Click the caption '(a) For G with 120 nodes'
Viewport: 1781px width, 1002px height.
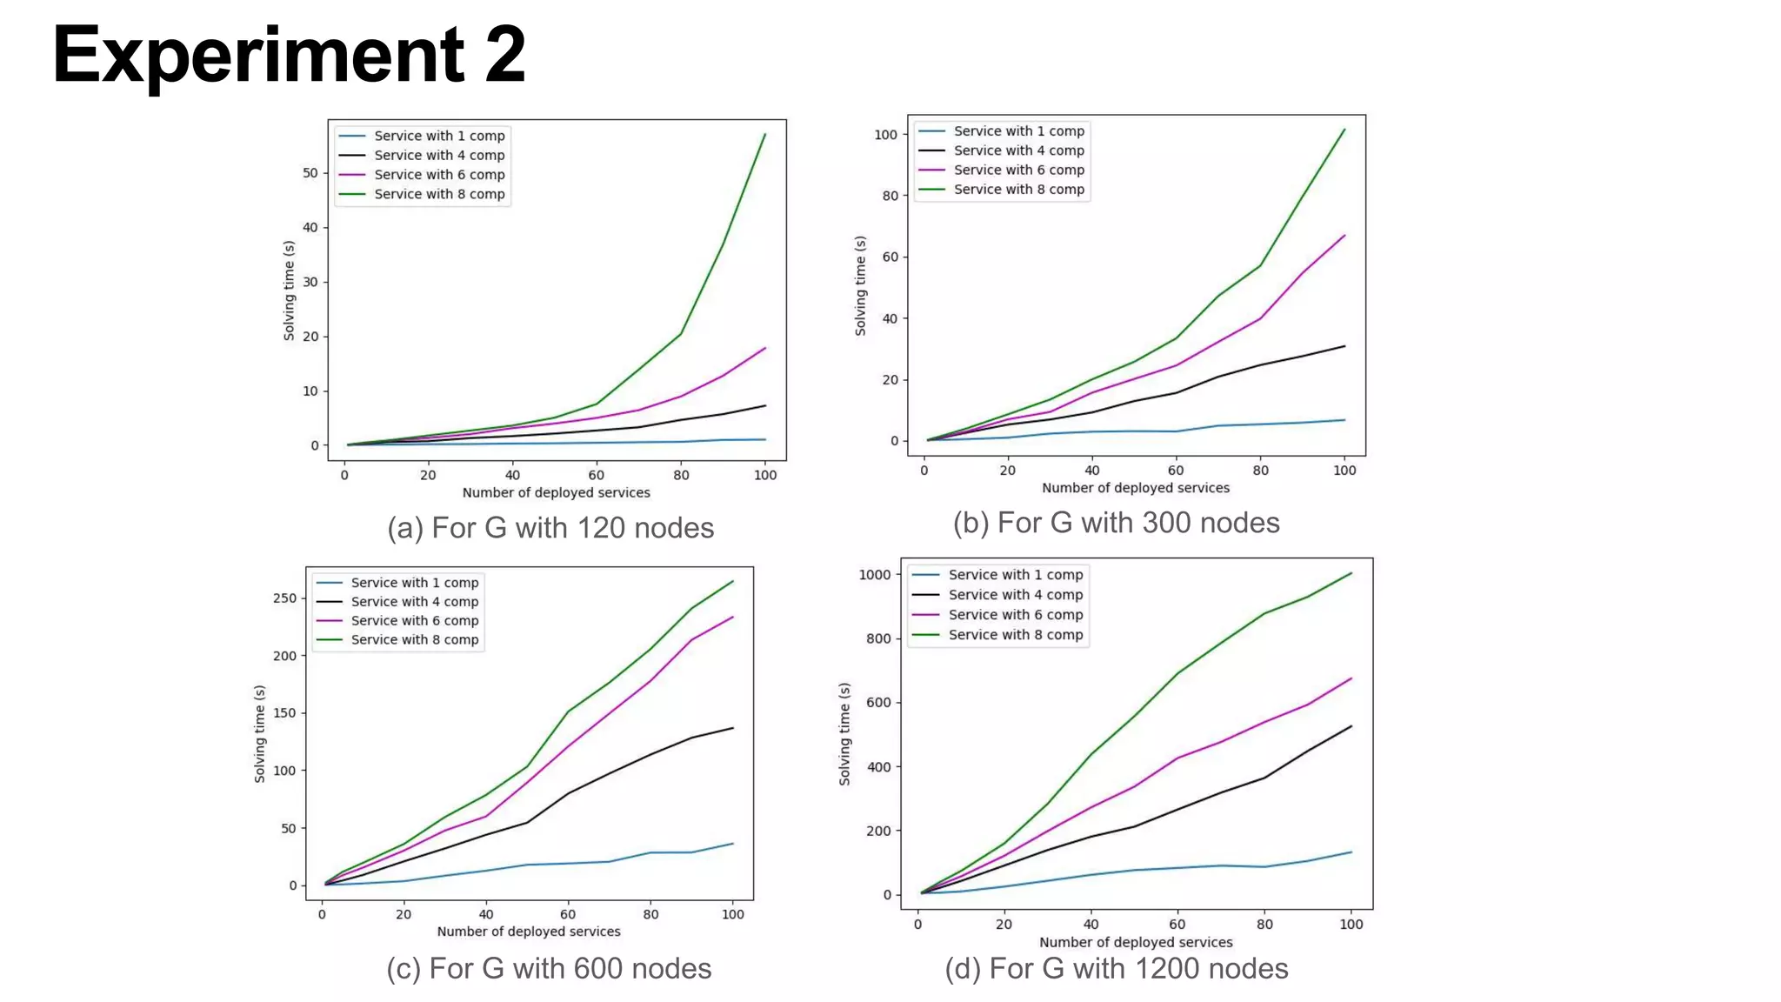tap(550, 528)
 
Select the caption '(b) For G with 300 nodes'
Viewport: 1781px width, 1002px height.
tap(1116, 523)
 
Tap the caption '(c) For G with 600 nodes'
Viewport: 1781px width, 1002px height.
tap(549, 968)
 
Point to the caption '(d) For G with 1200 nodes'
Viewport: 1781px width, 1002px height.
tap(1116, 968)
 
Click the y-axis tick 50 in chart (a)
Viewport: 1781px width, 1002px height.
tap(310, 173)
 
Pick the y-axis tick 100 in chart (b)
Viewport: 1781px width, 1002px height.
tap(885, 135)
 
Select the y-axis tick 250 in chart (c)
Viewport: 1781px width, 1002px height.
tap(284, 598)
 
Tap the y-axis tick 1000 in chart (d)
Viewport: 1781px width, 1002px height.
tap(874, 575)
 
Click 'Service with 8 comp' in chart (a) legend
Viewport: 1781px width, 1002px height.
tap(439, 194)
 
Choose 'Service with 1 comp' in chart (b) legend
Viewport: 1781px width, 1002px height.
tap(1018, 131)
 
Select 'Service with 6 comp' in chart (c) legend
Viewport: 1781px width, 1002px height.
tap(415, 621)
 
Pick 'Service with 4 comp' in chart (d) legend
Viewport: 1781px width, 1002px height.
tap(1015, 595)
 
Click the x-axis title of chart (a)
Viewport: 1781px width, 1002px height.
tap(556, 492)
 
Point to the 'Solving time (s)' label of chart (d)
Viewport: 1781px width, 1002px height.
tap(844, 734)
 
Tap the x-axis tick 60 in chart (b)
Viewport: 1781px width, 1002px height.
tap(1176, 471)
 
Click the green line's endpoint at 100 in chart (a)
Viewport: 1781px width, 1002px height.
tap(764, 134)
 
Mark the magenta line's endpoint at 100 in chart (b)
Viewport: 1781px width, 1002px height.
tap(1344, 236)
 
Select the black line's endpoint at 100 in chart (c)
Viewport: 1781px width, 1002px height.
tap(732, 728)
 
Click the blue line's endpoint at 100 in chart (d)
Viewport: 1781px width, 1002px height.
tap(1351, 852)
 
